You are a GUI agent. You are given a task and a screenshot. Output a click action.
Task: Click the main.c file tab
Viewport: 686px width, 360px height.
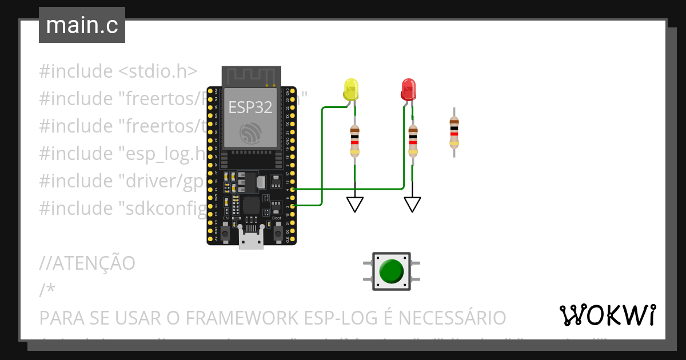tap(82, 26)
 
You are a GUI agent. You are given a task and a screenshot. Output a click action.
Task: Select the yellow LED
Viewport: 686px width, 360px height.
tap(351, 90)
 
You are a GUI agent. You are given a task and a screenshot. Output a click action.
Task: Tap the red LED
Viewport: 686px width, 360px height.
tap(408, 90)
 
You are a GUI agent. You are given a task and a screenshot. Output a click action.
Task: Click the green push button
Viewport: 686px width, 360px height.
tap(392, 270)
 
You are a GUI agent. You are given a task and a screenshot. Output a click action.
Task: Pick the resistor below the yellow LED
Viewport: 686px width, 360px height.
tap(355, 141)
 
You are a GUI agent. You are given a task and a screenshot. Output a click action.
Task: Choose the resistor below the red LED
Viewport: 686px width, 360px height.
tap(413, 141)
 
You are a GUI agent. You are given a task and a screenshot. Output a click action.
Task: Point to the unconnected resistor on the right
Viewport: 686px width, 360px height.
tap(454, 131)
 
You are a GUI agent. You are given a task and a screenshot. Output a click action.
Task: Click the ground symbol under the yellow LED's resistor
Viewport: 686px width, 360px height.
tap(355, 204)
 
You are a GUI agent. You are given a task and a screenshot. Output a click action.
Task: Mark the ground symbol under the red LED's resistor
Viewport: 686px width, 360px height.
tap(412, 204)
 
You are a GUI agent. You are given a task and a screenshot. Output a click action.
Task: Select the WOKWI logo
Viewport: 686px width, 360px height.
tap(607, 315)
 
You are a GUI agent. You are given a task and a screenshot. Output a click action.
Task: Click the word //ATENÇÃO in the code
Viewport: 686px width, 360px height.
tap(87, 263)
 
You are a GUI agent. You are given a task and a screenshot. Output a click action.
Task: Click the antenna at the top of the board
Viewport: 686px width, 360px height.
tap(251, 76)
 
